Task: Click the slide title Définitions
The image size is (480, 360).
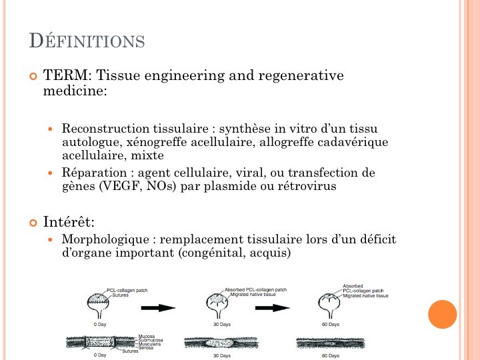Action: pos(87,41)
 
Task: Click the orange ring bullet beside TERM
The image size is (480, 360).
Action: pos(34,77)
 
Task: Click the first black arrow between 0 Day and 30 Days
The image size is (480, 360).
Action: pos(157,307)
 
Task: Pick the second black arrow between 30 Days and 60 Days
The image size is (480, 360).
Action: pos(274,307)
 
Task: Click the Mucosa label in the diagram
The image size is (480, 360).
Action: pos(147,337)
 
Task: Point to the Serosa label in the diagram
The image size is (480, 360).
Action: pos(146,348)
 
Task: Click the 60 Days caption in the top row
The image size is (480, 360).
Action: pos(330,325)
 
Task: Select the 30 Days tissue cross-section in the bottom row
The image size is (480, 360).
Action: pos(221,343)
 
